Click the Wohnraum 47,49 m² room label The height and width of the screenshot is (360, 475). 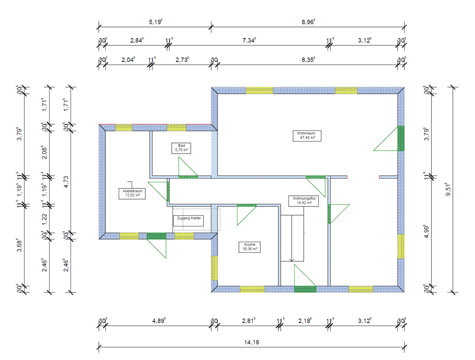(306, 135)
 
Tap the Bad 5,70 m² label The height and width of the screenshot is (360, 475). (181, 148)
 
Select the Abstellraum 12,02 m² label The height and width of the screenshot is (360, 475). (132, 193)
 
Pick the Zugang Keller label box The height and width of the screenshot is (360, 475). (188, 220)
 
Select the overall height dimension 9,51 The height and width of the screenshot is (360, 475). (449, 190)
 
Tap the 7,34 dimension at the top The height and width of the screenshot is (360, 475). (249, 41)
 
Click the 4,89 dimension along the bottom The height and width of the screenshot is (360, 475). (160, 321)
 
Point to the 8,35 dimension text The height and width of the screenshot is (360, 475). (308, 60)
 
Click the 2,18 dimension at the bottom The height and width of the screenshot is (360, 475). (305, 321)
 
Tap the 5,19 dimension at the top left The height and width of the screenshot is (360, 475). (155, 22)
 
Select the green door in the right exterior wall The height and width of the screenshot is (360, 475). (401, 138)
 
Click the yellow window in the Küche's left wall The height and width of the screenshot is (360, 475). (214, 268)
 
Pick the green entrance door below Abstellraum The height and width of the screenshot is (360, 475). (156, 236)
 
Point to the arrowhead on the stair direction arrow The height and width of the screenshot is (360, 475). (291, 260)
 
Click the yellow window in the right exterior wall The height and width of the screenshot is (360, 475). (401, 246)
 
